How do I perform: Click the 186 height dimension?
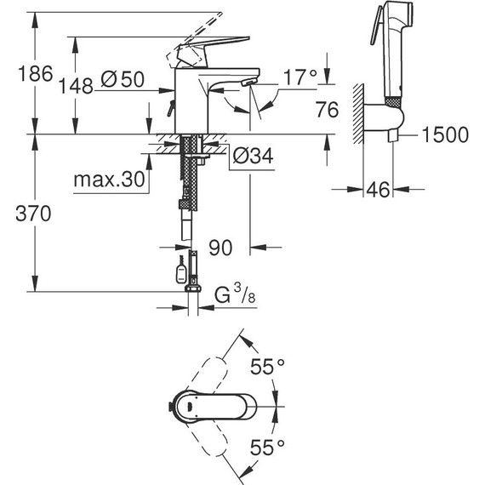pos(20,74)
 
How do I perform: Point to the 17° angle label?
pos(300,77)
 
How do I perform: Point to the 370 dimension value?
pos(20,212)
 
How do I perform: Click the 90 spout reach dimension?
pos(220,248)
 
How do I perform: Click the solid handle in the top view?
pos(191,408)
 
